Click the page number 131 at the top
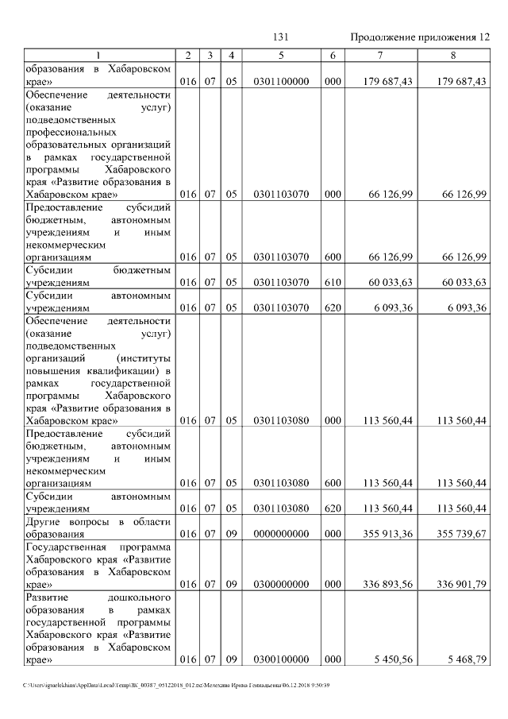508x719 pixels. [x=280, y=37]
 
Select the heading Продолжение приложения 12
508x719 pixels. [x=420, y=37]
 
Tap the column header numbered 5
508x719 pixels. [x=281, y=55]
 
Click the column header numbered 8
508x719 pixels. [x=452, y=55]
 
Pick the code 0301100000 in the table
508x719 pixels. [x=281, y=81]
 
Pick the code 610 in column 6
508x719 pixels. [x=333, y=282]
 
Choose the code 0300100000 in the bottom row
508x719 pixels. [x=281, y=659]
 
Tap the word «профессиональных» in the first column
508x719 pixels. [x=71, y=132]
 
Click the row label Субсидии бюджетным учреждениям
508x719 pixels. [x=99, y=276]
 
